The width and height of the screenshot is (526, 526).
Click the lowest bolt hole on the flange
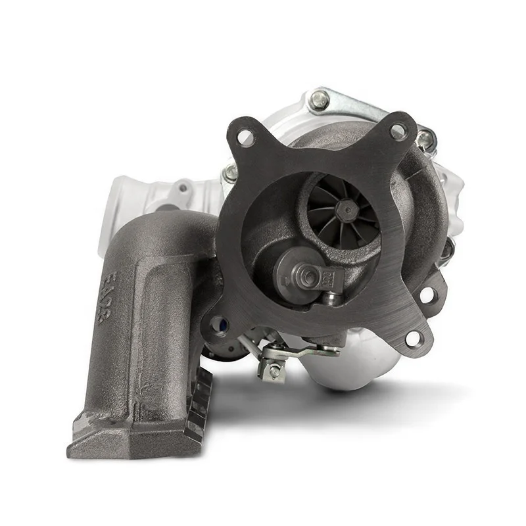[414, 338]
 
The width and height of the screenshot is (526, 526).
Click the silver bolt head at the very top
[320, 99]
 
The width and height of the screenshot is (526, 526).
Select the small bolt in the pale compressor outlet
[182, 189]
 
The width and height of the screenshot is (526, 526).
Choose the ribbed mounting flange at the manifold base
[197, 408]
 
